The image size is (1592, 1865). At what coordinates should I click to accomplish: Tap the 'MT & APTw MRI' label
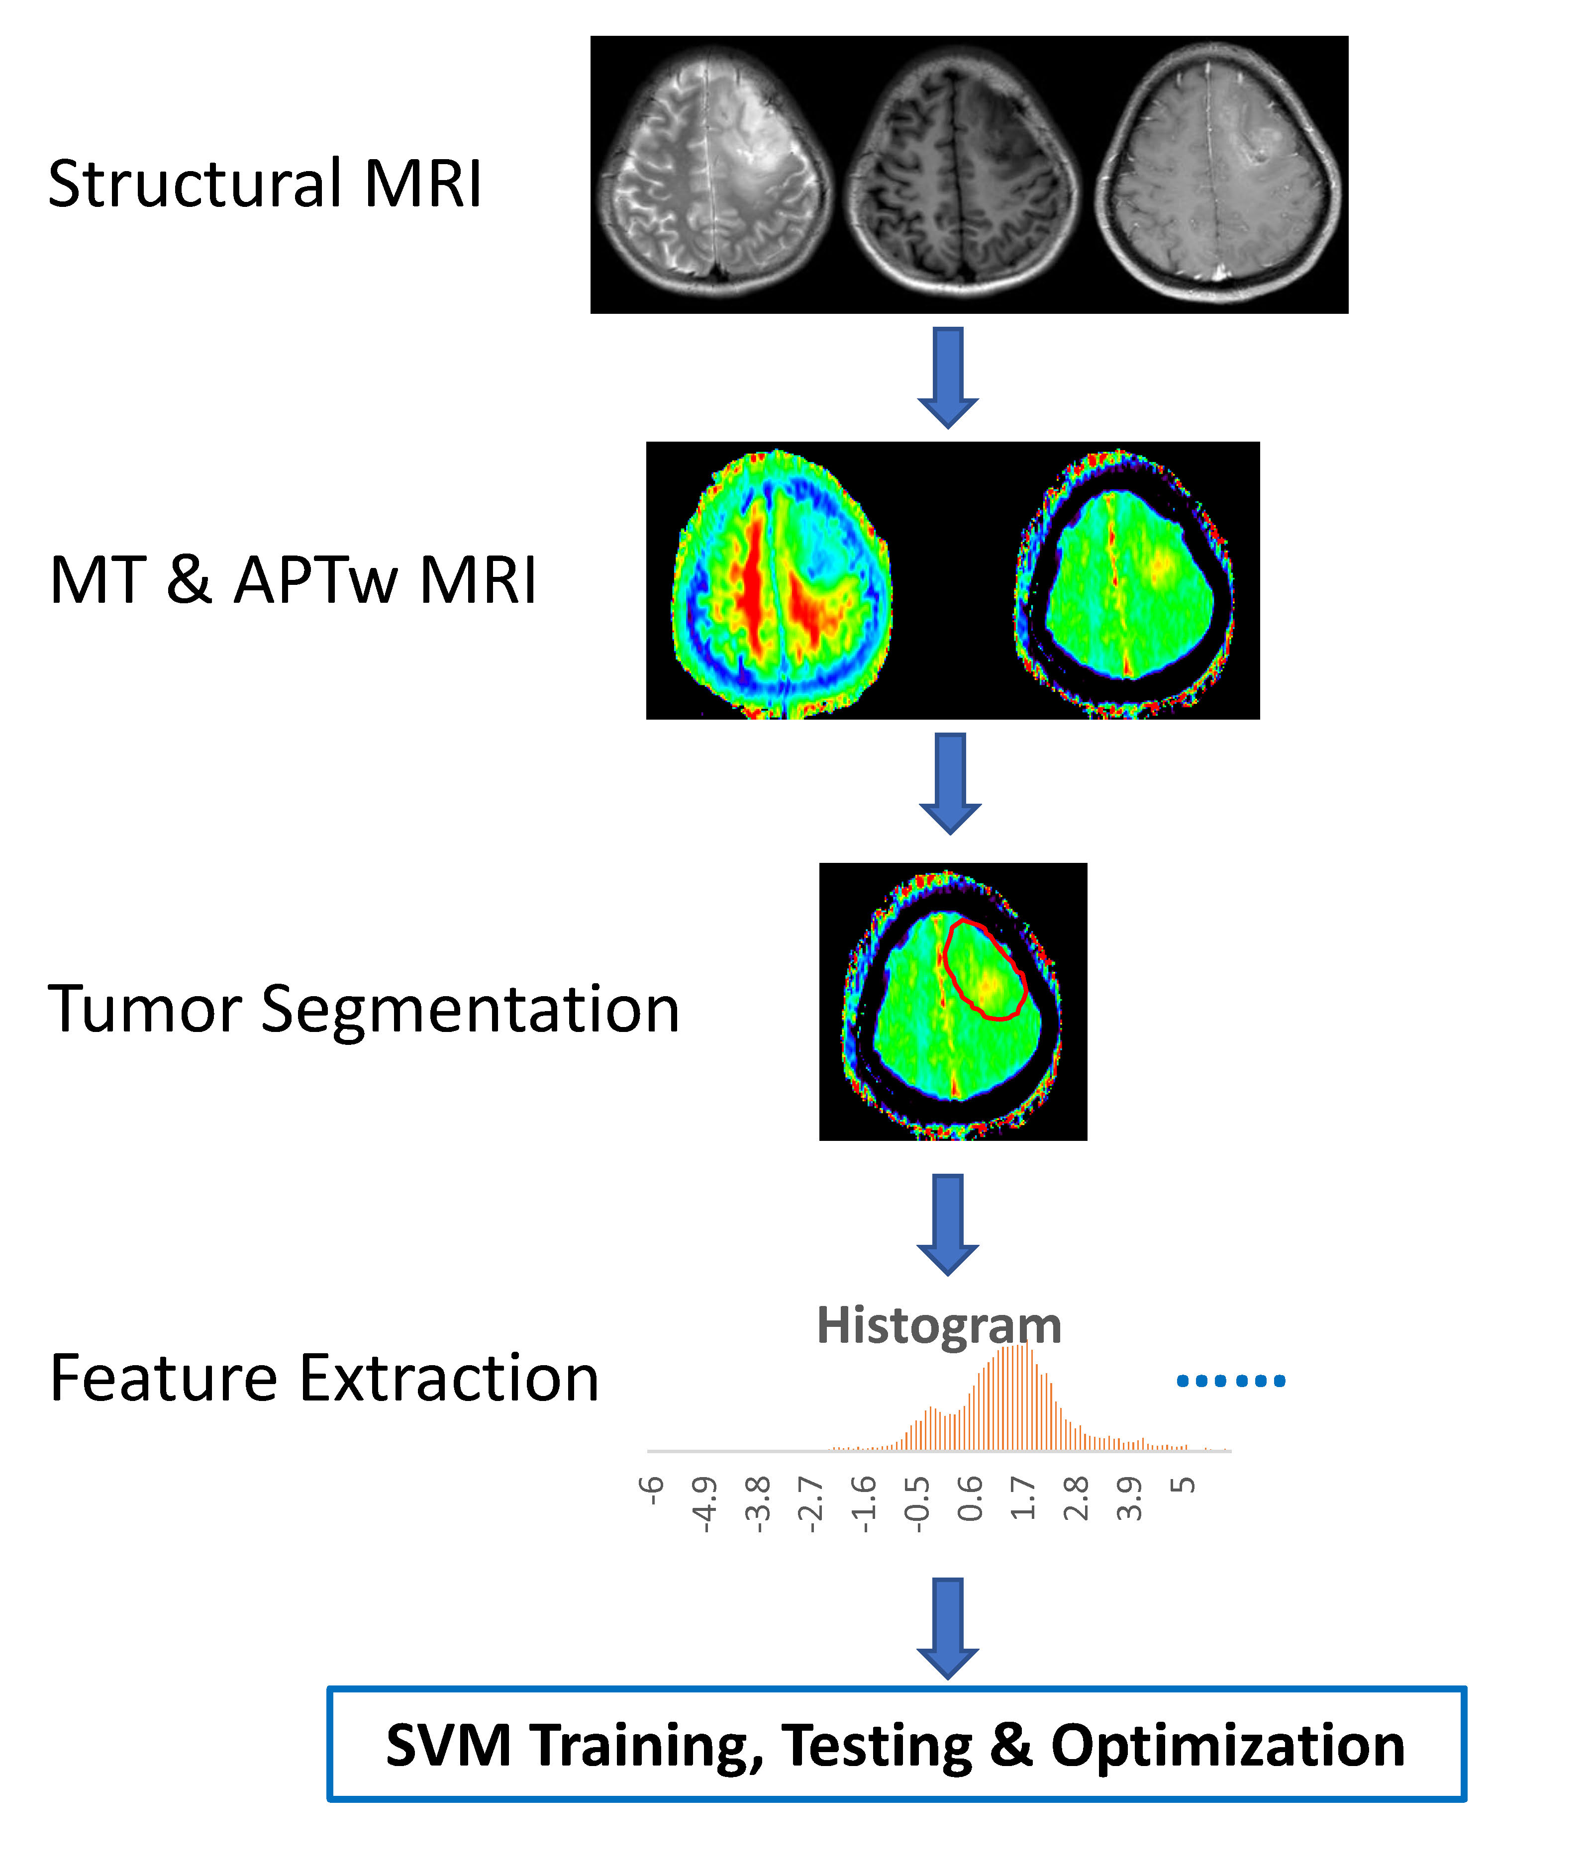coord(293,580)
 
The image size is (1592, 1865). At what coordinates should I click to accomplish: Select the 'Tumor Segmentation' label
coord(363,1009)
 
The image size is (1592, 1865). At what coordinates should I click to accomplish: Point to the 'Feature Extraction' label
coord(324,1378)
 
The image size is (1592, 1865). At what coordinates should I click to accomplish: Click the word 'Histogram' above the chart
coord(938,1326)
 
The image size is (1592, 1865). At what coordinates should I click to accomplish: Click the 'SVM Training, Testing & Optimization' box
coord(896,1744)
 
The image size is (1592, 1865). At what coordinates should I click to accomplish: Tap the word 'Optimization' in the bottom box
coord(1227,1746)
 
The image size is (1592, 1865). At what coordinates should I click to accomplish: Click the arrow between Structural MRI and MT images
coord(948,376)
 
